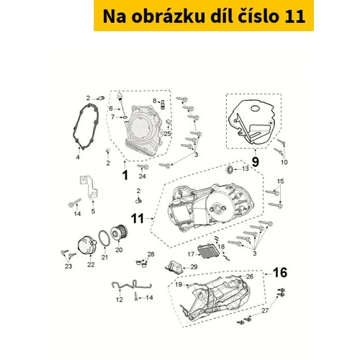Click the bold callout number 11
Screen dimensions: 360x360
(x=138, y=219)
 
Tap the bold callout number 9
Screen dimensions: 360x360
(x=256, y=161)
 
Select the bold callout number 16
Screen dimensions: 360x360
(x=280, y=273)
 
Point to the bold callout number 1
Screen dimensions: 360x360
(x=125, y=175)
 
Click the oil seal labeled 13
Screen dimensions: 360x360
(x=230, y=169)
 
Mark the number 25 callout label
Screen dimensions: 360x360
(x=167, y=133)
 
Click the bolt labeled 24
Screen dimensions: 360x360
(x=143, y=166)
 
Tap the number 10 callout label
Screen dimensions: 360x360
(x=284, y=162)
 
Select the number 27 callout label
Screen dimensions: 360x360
(x=265, y=310)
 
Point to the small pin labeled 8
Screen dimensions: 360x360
(x=163, y=104)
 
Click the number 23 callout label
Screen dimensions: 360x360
(x=68, y=266)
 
